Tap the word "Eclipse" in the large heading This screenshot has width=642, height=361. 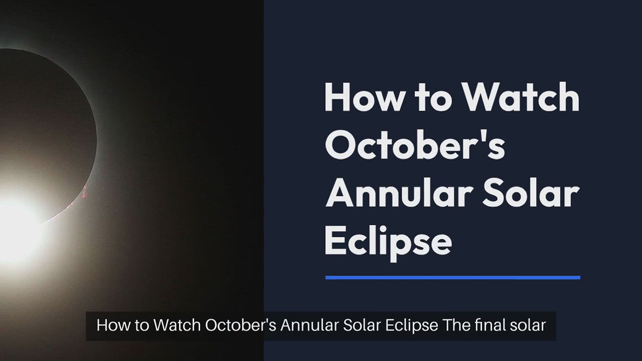(x=388, y=241)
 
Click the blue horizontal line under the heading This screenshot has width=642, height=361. (x=453, y=277)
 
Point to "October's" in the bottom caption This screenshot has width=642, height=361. (x=241, y=325)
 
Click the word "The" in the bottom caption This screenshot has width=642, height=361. (x=456, y=325)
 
